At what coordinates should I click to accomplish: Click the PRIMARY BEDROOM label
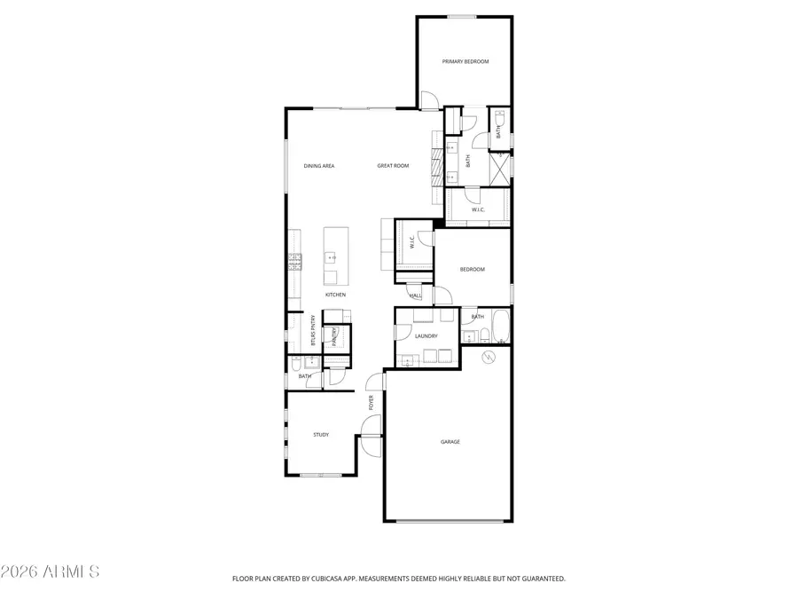pos(465,61)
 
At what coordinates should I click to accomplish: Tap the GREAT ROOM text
pos(393,166)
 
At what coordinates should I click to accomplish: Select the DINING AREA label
pos(318,166)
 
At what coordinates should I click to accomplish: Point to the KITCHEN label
pos(335,295)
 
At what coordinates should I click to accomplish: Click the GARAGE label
pos(450,441)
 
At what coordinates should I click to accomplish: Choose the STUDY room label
pos(321,434)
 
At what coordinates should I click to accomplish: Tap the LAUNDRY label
pos(426,336)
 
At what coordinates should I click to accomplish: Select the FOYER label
pos(372,403)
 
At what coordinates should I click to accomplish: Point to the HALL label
pos(415,295)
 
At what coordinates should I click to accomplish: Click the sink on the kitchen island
pos(332,257)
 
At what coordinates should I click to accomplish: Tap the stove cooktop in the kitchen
pos(293,260)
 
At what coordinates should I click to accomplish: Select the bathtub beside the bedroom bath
pos(501,327)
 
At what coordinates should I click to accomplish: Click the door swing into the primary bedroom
pos(427,100)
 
